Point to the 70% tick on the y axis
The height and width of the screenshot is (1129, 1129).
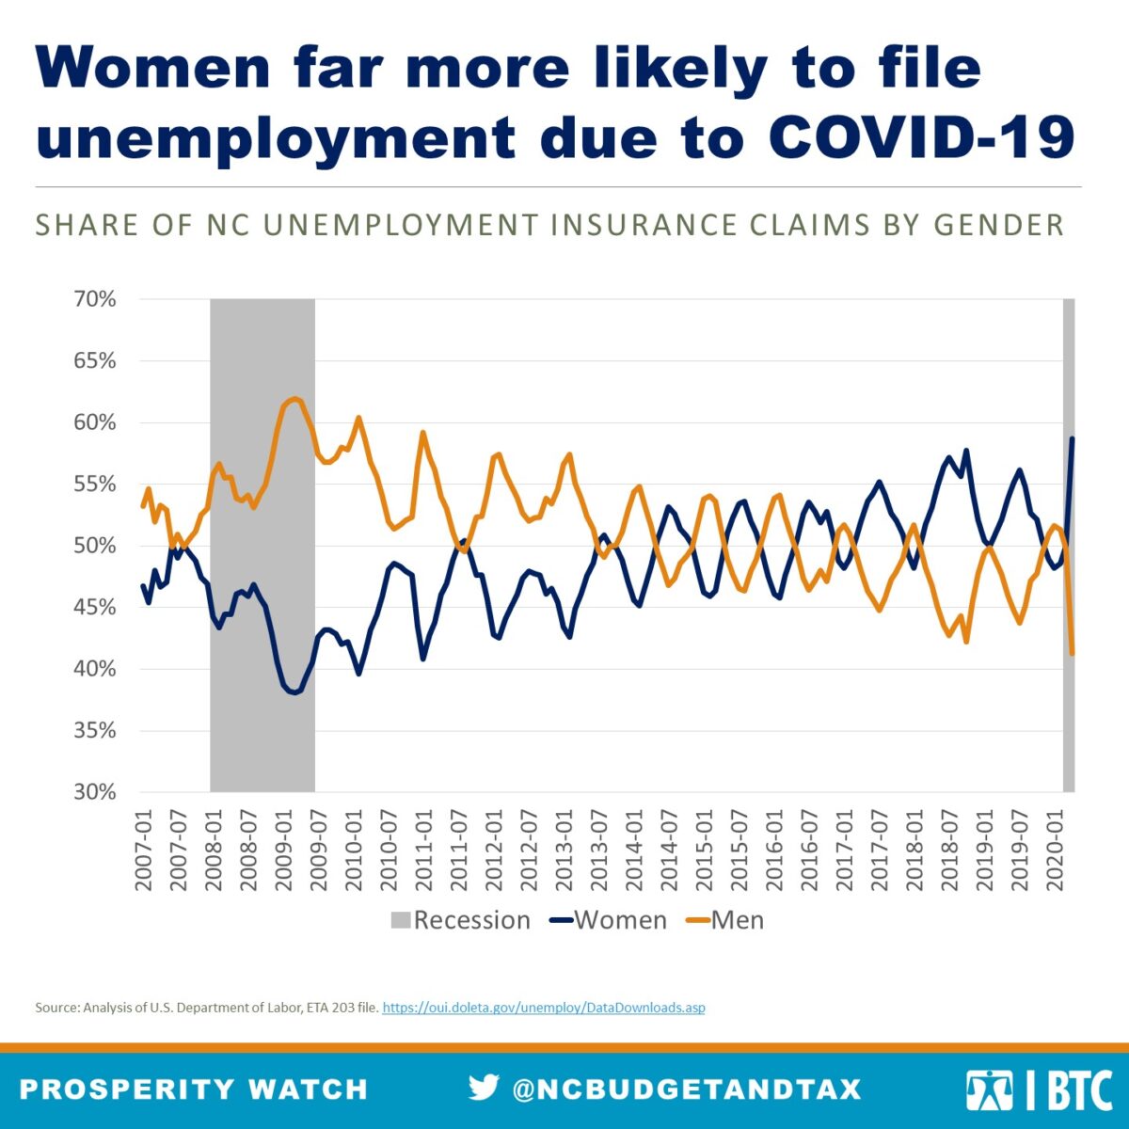[x=95, y=299]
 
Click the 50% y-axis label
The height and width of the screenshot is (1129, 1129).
[x=95, y=546]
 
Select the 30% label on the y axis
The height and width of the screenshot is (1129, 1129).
[x=95, y=792]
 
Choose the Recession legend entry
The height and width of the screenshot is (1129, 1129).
[x=460, y=920]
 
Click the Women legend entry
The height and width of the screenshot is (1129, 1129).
[x=609, y=920]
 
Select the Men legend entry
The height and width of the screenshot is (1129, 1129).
[x=725, y=920]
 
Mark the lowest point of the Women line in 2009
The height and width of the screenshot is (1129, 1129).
[x=294, y=692]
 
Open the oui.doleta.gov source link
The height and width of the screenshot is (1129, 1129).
[x=544, y=1008]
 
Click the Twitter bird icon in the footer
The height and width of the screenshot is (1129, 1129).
[x=484, y=1088]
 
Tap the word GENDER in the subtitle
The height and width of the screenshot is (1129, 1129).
[x=998, y=226]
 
